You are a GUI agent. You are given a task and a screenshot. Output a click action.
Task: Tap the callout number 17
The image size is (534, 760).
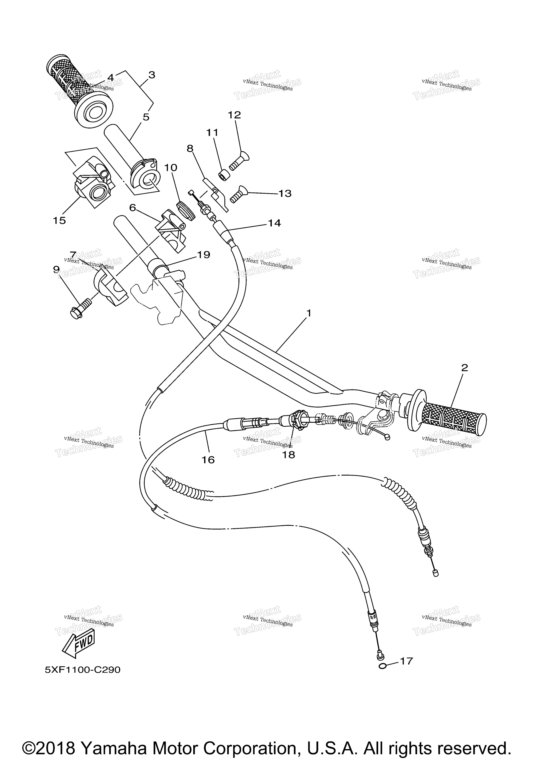(x=407, y=661)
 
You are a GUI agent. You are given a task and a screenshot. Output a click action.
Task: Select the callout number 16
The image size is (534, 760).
(x=208, y=460)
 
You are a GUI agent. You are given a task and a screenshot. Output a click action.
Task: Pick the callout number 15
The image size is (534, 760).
(x=60, y=220)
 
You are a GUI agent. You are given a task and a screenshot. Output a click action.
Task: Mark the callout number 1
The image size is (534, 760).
(x=309, y=313)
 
